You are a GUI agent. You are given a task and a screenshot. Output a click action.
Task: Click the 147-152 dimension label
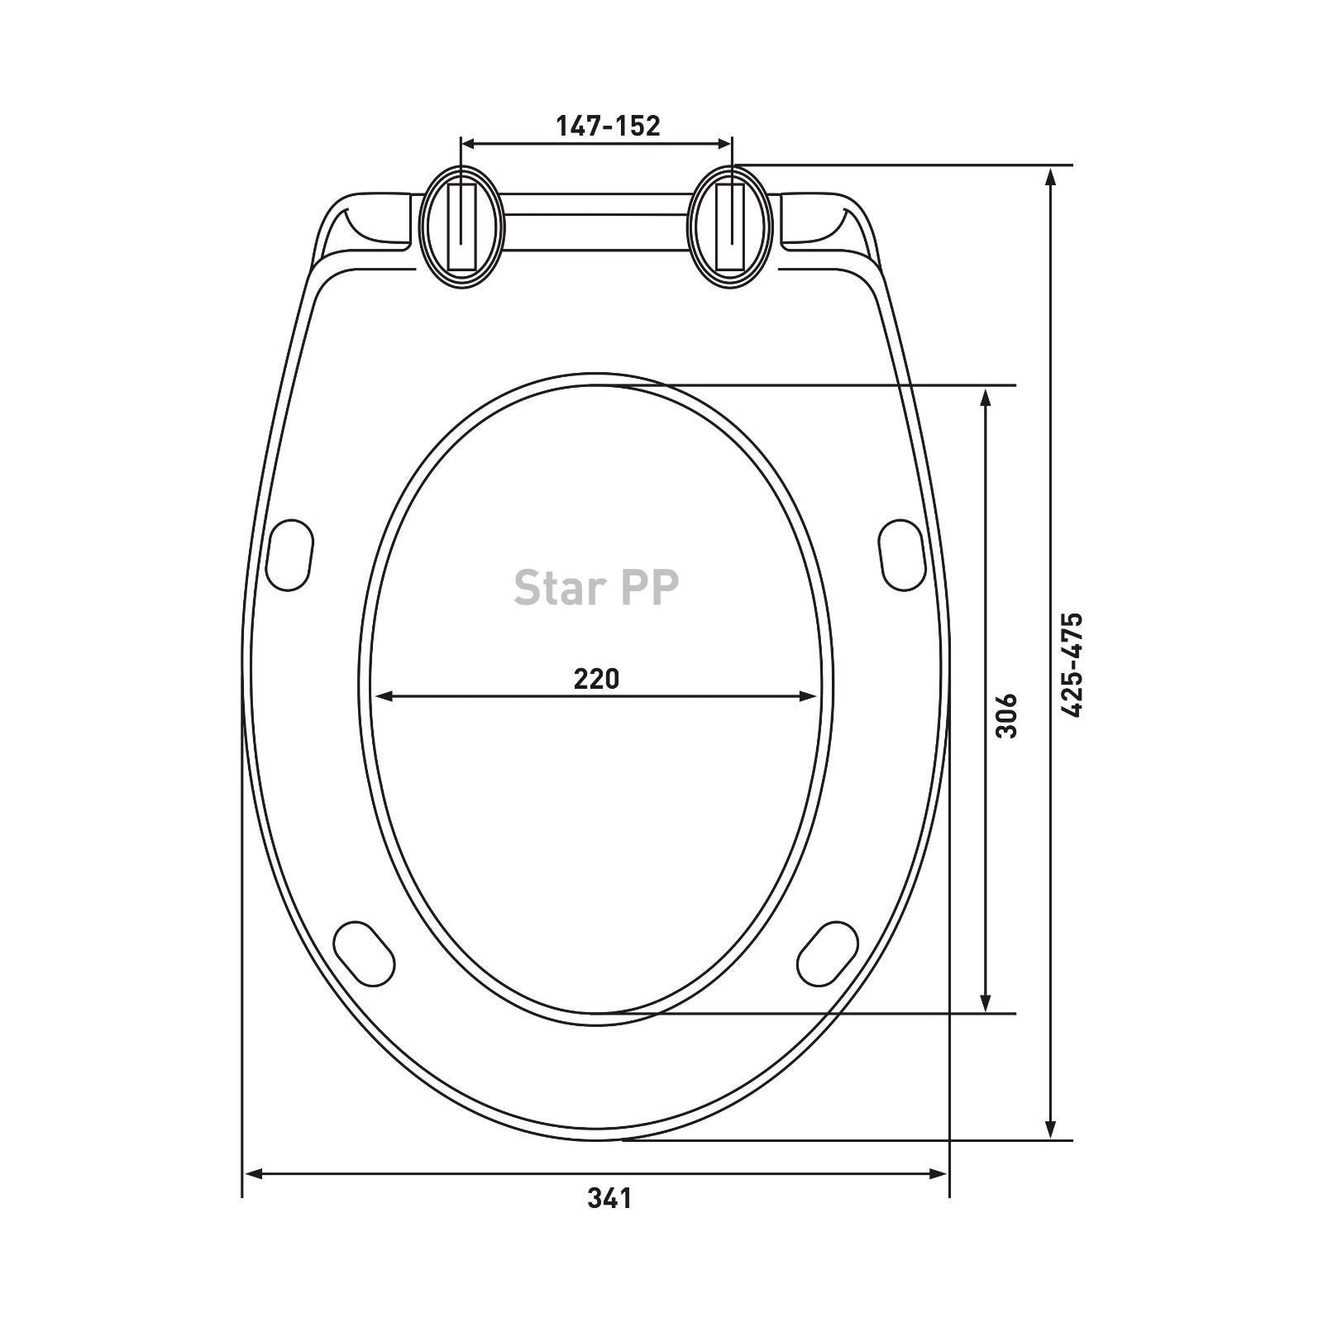[x=608, y=126]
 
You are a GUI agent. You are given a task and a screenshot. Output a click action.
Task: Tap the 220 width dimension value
[x=596, y=678]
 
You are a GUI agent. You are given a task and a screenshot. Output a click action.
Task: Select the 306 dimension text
[x=1006, y=715]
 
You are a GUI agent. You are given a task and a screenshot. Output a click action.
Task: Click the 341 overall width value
[x=609, y=1197]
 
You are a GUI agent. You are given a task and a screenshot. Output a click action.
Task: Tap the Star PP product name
[x=596, y=586]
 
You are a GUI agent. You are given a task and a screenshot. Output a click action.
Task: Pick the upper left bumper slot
[x=290, y=554]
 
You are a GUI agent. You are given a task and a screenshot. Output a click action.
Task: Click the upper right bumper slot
[x=901, y=554]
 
